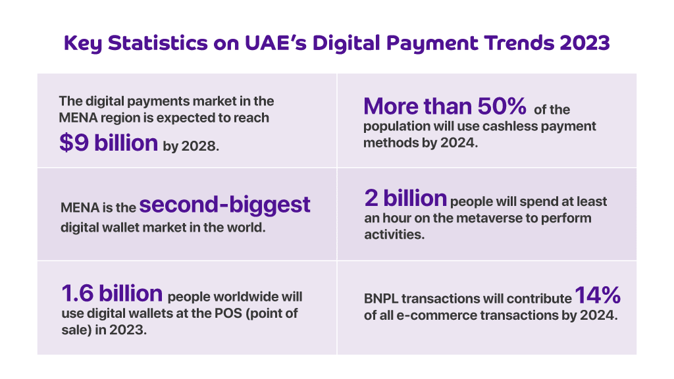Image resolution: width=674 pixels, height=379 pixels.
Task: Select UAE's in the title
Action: pyautogui.click(x=276, y=43)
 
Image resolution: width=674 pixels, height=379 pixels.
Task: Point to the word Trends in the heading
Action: pyautogui.click(x=519, y=43)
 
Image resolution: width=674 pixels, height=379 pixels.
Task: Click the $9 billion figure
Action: pyautogui.click(x=109, y=143)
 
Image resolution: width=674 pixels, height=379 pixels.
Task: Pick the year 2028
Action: pyautogui.click(x=199, y=146)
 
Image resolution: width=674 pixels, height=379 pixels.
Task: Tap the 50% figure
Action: pyautogui.click(x=502, y=106)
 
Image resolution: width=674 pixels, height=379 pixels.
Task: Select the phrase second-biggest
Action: pyautogui.click(x=224, y=205)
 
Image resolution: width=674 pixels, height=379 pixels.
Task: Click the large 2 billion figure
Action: pyautogui.click(x=405, y=198)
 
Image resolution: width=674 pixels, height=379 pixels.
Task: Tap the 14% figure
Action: pyautogui.click(x=598, y=295)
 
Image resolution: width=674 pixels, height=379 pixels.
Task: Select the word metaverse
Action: pyautogui.click(x=484, y=218)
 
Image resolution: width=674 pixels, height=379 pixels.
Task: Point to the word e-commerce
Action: pyautogui.click(x=436, y=315)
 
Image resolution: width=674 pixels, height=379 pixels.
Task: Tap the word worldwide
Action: pyautogui.click(x=246, y=297)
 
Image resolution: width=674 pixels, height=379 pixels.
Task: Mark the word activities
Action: pyautogui.click(x=394, y=234)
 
